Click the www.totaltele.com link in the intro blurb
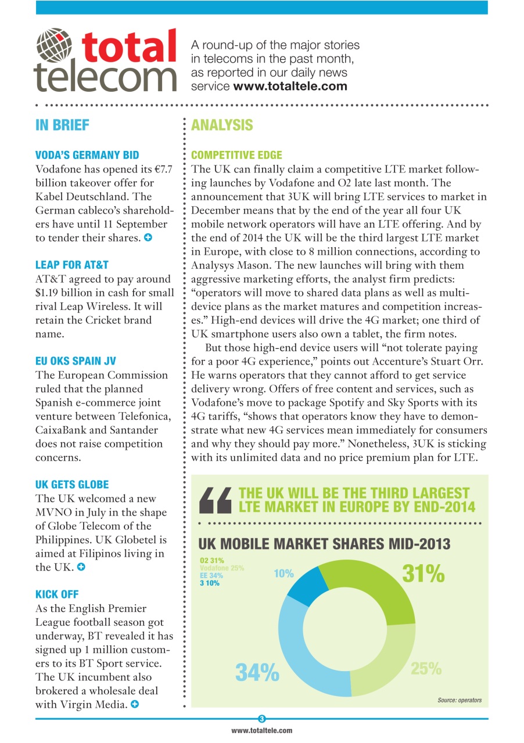(x=290, y=86)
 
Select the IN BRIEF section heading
(x=62, y=125)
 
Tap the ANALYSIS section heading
(x=222, y=125)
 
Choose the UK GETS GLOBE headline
(x=72, y=484)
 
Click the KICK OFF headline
(x=57, y=594)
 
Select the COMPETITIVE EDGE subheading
(x=236, y=155)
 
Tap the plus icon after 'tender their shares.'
(x=149, y=238)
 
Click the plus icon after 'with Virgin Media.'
(x=135, y=705)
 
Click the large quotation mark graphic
(x=215, y=500)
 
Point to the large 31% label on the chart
(x=423, y=574)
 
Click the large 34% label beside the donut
(x=257, y=672)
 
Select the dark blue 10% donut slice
(x=302, y=583)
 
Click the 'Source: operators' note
(x=459, y=700)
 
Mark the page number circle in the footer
(x=261, y=719)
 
